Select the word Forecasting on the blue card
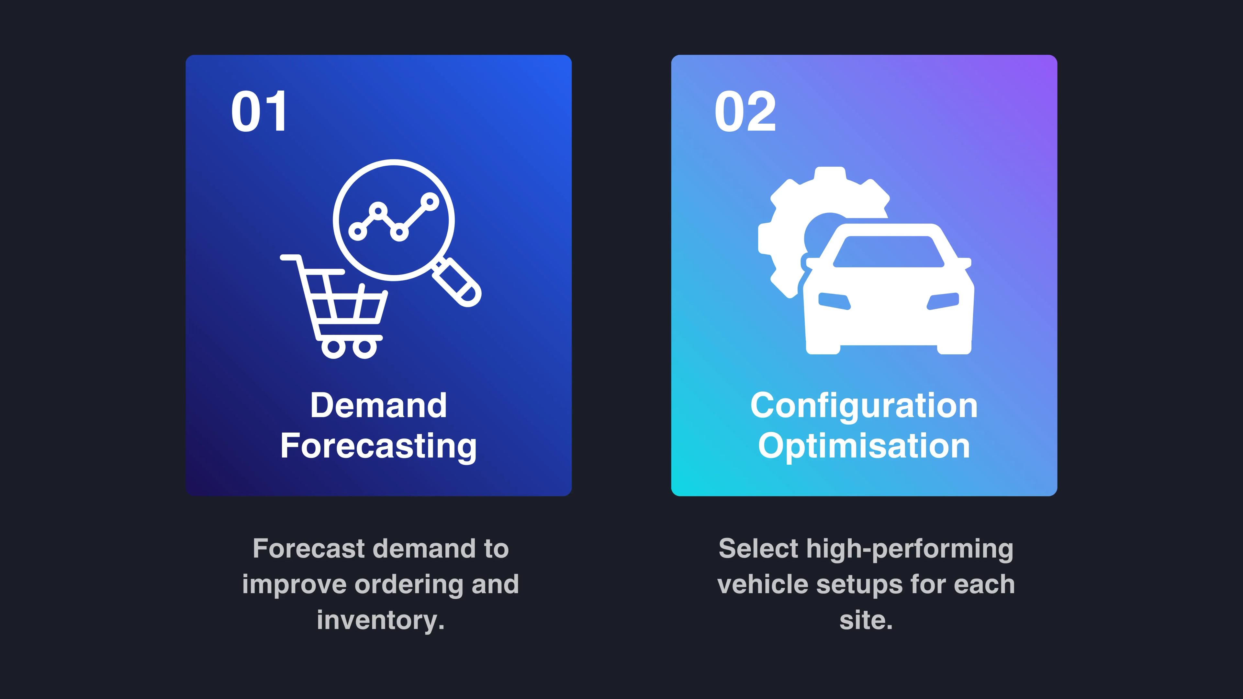point(379,447)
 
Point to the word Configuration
point(864,406)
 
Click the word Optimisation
point(864,447)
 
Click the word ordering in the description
point(409,585)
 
